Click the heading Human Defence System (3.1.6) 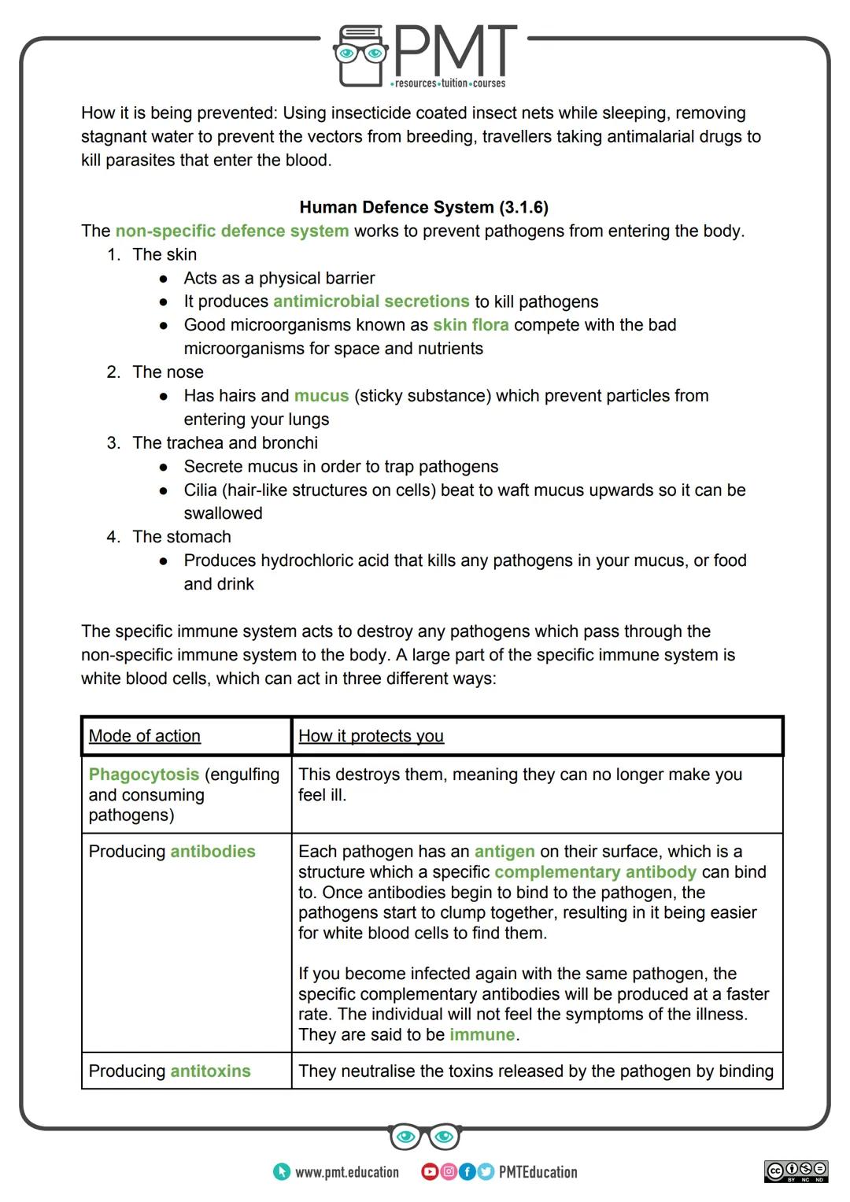423,207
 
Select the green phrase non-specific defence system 231,231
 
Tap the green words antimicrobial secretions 371,301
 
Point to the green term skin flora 470,325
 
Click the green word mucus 321,396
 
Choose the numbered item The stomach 181,537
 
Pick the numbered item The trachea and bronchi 225,442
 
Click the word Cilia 200,490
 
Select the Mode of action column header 145,736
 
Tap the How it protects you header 371,736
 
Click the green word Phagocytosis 144,775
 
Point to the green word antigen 504,852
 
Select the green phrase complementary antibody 595,872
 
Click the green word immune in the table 482,1035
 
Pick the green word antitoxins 210,1071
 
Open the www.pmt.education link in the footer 346,1172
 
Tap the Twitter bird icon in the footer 485,1172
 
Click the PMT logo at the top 425,55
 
